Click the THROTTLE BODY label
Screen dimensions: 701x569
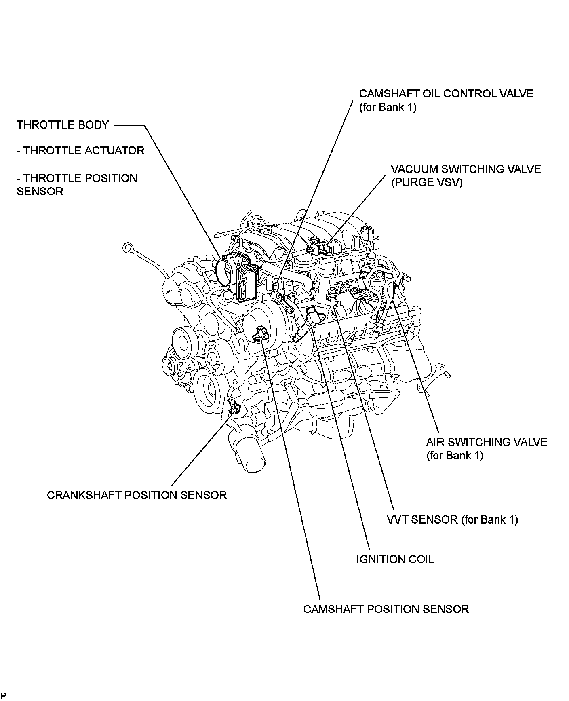[63, 125]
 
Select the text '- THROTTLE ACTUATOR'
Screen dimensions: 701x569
[80, 151]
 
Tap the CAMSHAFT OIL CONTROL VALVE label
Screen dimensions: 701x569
[446, 94]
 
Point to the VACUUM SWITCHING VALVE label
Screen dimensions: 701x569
[466, 169]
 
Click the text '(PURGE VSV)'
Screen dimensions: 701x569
[426, 182]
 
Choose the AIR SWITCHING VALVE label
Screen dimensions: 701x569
[486, 442]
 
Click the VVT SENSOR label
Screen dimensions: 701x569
[452, 519]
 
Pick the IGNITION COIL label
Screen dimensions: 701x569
[395, 560]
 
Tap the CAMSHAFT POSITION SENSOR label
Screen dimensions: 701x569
[386, 609]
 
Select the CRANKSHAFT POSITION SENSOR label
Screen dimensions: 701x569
[137, 495]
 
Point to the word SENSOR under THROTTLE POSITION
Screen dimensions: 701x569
[40, 192]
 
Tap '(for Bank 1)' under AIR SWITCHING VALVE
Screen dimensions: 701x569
[454, 456]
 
